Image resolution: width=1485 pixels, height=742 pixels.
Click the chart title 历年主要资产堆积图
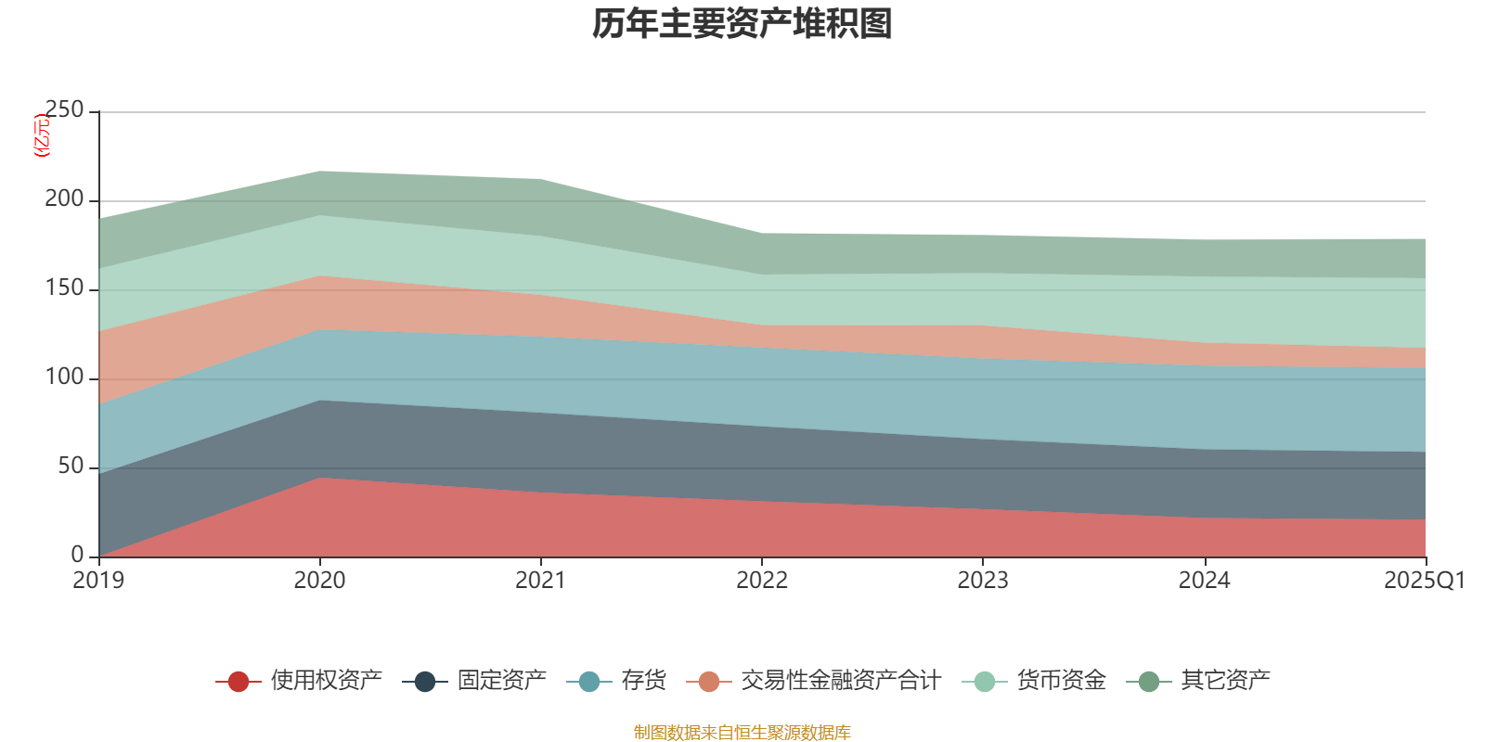point(742,24)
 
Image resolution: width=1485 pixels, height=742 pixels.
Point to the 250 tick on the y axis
point(64,110)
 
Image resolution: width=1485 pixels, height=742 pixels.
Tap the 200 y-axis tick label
point(64,199)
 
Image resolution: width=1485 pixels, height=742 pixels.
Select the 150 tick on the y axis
point(64,288)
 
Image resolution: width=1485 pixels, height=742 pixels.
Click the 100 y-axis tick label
point(64,377)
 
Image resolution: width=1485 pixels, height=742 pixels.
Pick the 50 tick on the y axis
point(71,467)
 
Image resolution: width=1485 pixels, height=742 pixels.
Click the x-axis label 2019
point(98,581)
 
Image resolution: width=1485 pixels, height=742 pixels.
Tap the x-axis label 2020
point(319,581)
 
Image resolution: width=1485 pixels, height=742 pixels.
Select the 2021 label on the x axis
point(540,581)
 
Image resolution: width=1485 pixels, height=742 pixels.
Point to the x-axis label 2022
point(761,581)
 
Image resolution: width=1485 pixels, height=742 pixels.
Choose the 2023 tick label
point(983,581)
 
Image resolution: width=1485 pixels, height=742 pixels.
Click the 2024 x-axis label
point(1204,581)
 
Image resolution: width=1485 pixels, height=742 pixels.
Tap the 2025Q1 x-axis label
point(1424,581)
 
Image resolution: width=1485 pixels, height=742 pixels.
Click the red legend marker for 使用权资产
point(238,682)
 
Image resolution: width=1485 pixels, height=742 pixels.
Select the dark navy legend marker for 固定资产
point(424,682)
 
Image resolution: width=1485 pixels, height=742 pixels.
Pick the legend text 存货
point(644,681)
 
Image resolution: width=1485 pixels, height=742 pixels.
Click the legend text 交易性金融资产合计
point(840,681)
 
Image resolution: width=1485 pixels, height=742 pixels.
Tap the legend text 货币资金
point(1061,681)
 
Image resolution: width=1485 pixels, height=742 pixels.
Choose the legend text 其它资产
point(1225,681)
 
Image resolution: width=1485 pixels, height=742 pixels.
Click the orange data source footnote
point(742,733)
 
